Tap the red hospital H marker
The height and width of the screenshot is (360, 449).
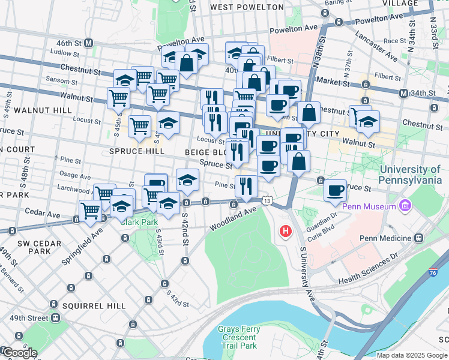(286, 230)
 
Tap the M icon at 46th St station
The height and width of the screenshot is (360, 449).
(88, 43)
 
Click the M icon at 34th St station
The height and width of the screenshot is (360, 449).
(405, 93)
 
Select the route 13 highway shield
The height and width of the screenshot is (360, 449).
(266, 199)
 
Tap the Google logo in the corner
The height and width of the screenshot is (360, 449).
(19, 353)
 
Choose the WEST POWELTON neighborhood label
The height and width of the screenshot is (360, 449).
(247, 7)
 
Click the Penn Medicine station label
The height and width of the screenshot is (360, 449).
(384, 238)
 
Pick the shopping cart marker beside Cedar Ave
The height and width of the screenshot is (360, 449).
(90, 210)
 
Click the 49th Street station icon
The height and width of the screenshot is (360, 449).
(55, 317)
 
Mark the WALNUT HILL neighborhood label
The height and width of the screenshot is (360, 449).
(37, 110)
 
